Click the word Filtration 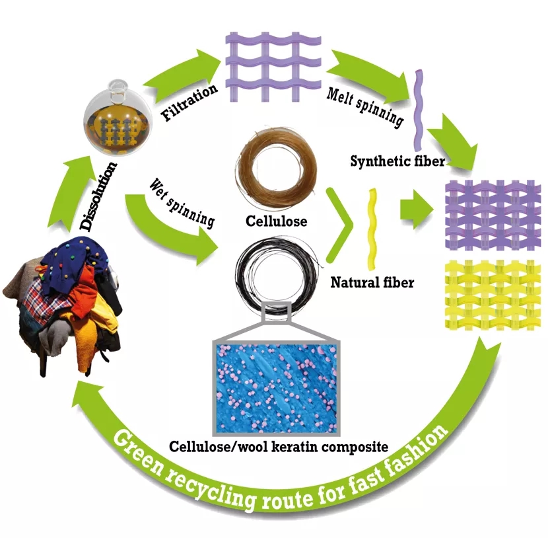pos(189,102)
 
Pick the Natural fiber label pos(372,282)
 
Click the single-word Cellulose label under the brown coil pos(275,221)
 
